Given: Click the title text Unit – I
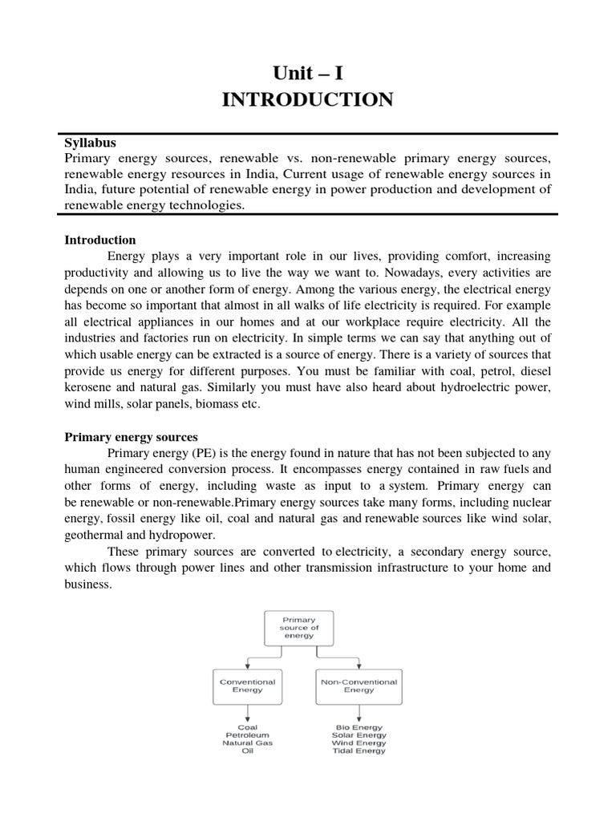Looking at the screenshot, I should [307, 75].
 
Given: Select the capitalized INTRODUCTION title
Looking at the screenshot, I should [307, 101].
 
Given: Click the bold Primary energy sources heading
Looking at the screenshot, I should [131, 437].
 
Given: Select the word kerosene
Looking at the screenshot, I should [89, 387].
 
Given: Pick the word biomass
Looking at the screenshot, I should [216, 404].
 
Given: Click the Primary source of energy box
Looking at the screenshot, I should [299, 628].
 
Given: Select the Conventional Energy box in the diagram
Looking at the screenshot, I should [247, 686].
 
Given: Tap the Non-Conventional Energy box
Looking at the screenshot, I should [359, 686].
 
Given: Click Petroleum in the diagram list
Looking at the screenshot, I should [247, 734].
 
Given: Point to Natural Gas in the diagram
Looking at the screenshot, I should [247, 743].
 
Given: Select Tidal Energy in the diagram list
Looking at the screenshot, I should [359, 751].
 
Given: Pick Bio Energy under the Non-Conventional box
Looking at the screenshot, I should [359, 726].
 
